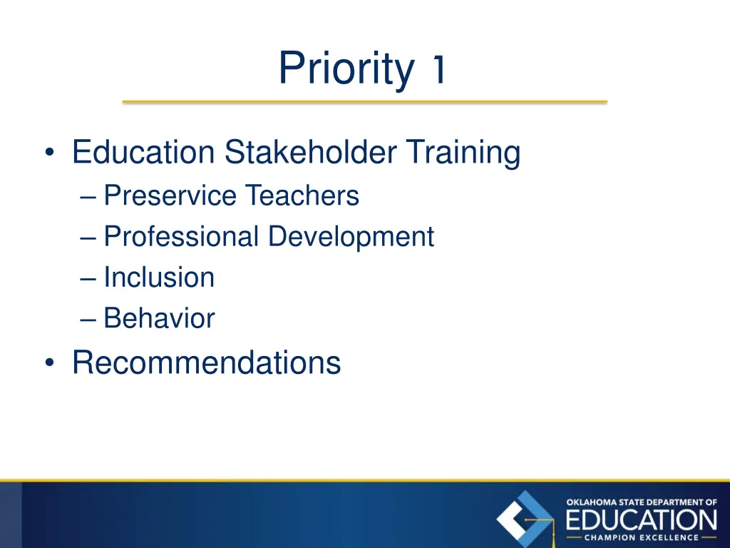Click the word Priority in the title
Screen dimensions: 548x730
click(345, 69)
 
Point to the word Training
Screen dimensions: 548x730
click(463, 153)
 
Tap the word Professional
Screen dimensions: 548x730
click(181, 237)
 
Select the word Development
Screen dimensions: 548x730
click(351, 237)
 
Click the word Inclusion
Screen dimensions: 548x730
click(158, 278)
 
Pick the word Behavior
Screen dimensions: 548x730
click(158, 318)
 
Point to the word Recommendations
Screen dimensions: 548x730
click(206, 362)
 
